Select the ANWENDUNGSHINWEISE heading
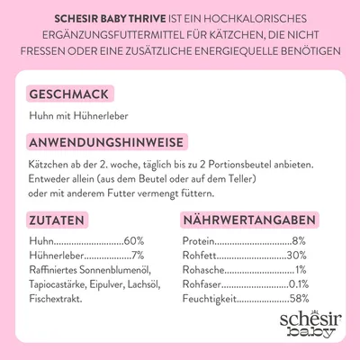pyautogui.click(x=107, y=144)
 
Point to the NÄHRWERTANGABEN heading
pyautogui.click(x=249, y=220)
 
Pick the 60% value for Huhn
pyautogui.click(x=134, y=241)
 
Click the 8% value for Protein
pyautogui.click(x=299, y=241)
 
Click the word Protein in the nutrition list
pyautogui.click(x=199, y=241)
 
